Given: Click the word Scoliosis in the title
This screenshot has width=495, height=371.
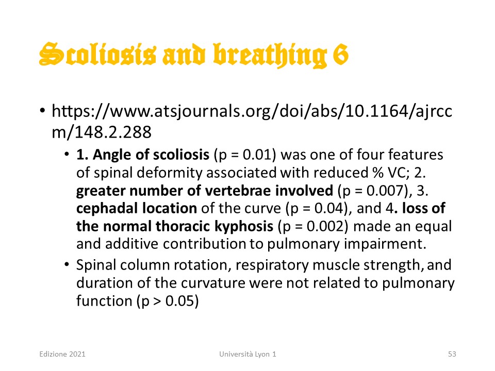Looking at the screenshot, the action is click(97, 54).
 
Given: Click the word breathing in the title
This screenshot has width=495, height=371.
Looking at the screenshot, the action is click(270, 56).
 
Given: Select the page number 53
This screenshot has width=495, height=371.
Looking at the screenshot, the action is click(452, 354).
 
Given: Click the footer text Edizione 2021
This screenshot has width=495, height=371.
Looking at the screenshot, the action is click(62, 354).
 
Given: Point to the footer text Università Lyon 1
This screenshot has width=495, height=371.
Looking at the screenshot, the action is click(247, 354).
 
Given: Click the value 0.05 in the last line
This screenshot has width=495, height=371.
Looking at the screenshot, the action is click(179, 301).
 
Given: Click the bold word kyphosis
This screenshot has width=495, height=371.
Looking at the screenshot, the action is click(244, 227).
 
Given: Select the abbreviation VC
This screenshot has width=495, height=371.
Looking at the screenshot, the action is click(399, 173).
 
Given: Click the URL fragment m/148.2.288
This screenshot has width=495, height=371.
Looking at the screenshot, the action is click(102, 132).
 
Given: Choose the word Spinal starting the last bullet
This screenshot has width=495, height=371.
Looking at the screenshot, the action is click(96, 265).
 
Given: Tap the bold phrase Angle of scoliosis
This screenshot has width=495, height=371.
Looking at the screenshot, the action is click(151, 155).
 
